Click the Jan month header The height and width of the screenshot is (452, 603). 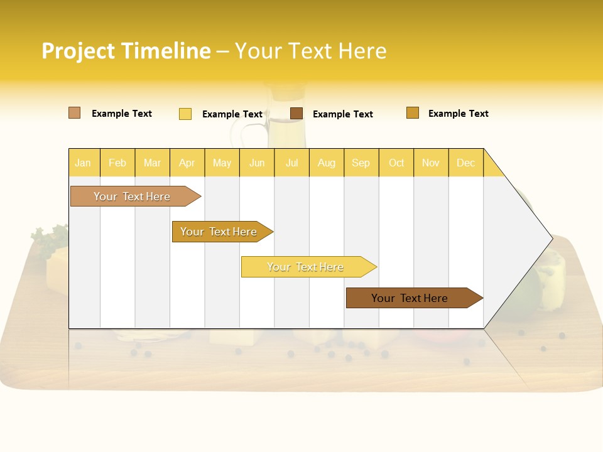click(x=83, y=163)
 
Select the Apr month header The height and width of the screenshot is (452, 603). click(x=187, y=163)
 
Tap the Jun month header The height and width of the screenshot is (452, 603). click(x=257, y=163)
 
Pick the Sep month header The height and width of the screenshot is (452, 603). click(x=361, y=163)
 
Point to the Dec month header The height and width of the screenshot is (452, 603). click(x=465, y=163)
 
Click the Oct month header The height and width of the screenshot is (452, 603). click(x=396, y=163)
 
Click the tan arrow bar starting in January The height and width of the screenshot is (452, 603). click(x=132, y=196)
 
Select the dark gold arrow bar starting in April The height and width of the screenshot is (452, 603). click(x=219, y=232)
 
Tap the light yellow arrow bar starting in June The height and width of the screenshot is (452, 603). click(x=305, y=267)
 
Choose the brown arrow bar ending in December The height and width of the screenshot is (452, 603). click(x=410, y=298)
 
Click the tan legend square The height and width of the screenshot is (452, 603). click(x=74, y=113)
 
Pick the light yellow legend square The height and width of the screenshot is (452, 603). click(x=185, y=114)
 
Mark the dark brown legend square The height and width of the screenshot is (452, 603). click(x=296, y=114)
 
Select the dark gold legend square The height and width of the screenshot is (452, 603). click(x=413, y=113)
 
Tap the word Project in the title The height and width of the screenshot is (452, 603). click(x=78, y=51)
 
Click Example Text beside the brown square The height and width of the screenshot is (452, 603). click(x=342, y=114)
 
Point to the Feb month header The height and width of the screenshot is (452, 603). click(x=117, y=163)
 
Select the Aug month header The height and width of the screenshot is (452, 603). click(x=326, y=163)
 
